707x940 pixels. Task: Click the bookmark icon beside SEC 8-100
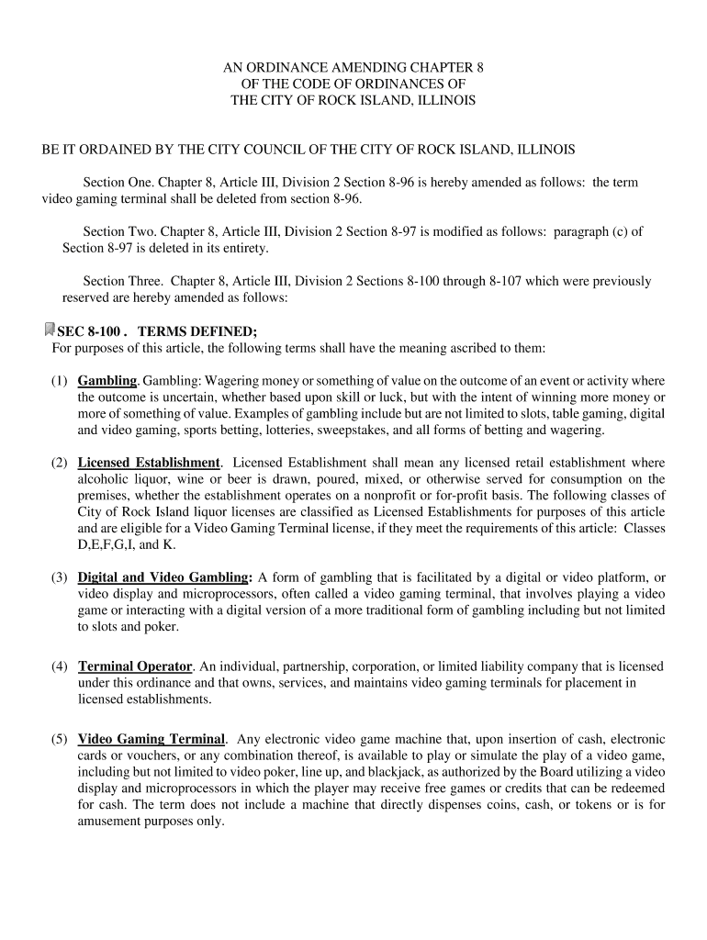[49, 330]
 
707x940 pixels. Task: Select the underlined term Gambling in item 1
[107, 381]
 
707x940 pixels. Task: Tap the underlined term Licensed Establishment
[149, 463]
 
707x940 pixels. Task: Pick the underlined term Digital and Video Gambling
[164, 577]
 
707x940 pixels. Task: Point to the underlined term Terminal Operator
[135, 666]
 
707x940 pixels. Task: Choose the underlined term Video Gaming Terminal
[151, 739]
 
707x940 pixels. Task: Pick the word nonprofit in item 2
[414, 496]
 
